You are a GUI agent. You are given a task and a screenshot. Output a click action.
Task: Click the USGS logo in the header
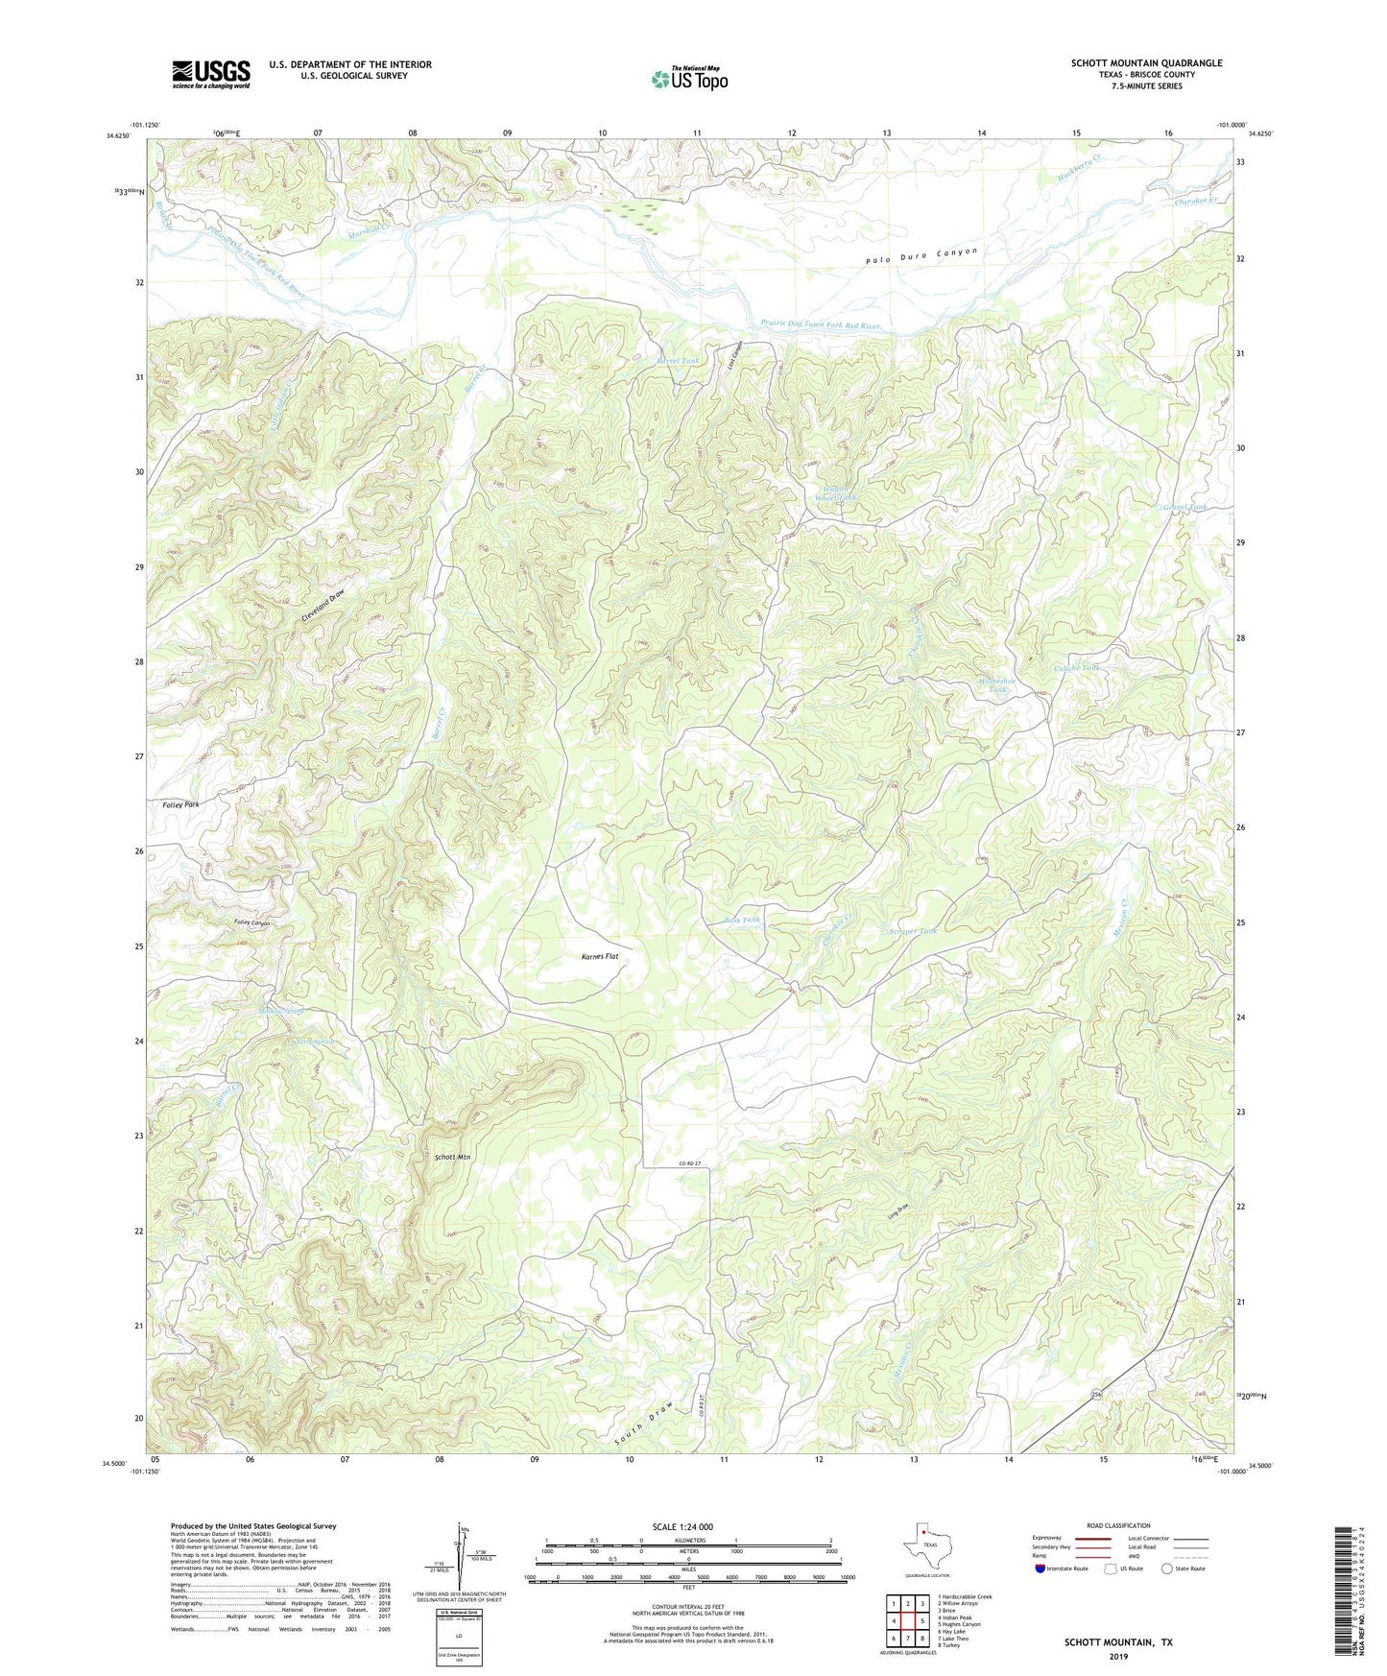click(211, 74)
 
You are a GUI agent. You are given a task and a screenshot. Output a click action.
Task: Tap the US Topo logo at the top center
click(688, 78)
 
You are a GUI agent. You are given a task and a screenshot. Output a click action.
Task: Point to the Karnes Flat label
click(600, 956)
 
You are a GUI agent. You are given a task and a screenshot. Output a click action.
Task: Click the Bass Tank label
click(742, 920)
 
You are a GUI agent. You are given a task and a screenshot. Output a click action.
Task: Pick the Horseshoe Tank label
click(996, 685)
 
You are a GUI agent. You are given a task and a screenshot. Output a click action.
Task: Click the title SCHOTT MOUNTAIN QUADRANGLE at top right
click(1146, 63)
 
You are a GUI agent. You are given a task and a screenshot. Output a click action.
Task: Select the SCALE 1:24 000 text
click(682, 1526)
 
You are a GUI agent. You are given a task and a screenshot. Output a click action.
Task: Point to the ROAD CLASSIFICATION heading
click(1118, 1525)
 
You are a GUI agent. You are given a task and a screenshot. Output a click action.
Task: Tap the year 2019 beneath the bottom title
click(1118, 1656)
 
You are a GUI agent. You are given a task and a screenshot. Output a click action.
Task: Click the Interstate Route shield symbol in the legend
click(1041, 1568)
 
